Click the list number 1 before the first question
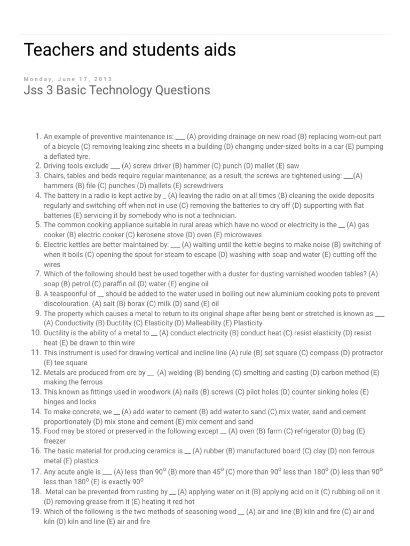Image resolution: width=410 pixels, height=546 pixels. [38, 136]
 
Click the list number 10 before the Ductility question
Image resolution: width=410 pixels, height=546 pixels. [36, 333]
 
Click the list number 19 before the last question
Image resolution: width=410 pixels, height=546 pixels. [36, 511]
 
